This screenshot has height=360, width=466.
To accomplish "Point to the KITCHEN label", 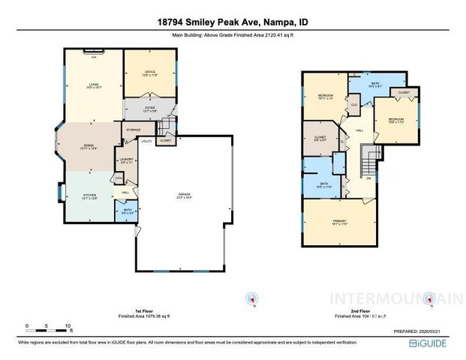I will (89, 197).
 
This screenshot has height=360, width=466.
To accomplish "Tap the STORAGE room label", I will (133, 130).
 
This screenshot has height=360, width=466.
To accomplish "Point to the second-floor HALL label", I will (359, 131).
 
